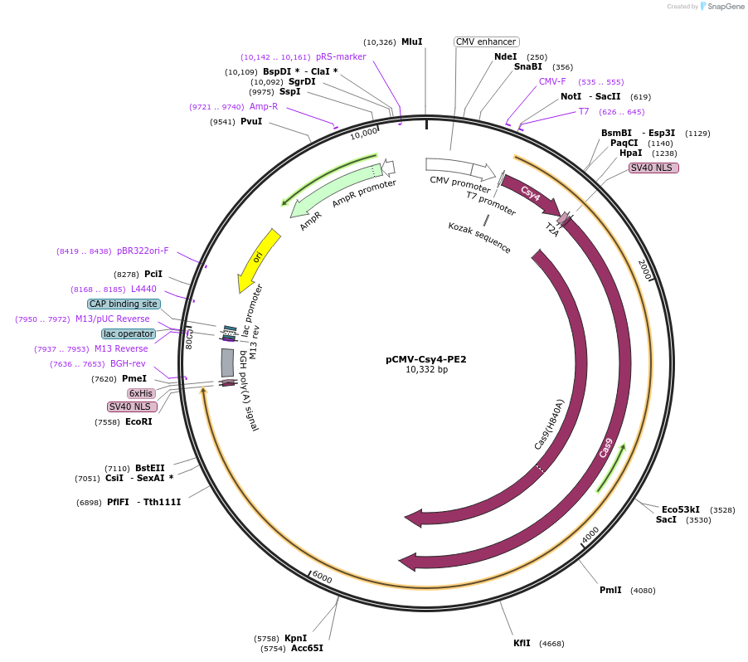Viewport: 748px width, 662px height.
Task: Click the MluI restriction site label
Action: tap(411, 41)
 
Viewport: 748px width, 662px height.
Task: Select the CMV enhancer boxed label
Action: tap(486, 41)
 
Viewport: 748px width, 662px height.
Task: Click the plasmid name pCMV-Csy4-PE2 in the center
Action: tap(426, 359)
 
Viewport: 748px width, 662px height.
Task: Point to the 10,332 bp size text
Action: tap(426, 370)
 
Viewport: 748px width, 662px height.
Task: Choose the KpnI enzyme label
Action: tap(295, 638)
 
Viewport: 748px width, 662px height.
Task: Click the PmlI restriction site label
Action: tap(610, 591)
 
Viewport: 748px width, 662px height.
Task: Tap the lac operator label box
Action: tap(129, 333)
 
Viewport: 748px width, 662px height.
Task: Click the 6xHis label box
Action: tap(141, 393)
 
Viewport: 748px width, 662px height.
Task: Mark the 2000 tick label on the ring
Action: tap(644, 270)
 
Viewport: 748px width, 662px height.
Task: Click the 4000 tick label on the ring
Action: tap(590, 536)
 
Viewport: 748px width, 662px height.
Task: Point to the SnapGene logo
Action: tap(719, 7)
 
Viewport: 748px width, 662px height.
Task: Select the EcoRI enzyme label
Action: tap(138, 421)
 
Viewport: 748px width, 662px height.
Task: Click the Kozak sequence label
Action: tap(479, 237)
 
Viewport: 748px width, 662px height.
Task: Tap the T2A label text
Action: tap(552, 229)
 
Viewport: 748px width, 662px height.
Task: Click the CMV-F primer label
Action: tap(552, 81)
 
